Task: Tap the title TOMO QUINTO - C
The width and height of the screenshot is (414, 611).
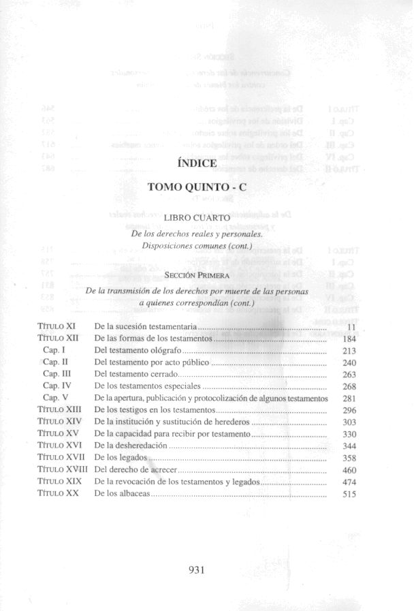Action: click(x=197, y=188)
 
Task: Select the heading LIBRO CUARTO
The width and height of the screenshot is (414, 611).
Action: click(x=197, y=218)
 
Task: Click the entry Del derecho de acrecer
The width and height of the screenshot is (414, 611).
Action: click(x=136, y=469)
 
